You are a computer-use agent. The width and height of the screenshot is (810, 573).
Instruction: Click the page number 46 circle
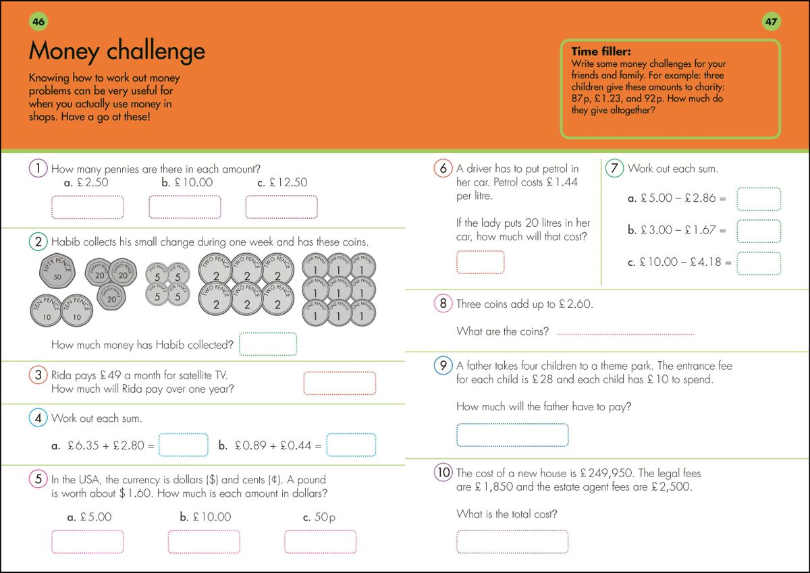(38, 22)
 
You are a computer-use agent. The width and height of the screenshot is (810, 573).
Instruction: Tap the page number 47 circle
(771, 22)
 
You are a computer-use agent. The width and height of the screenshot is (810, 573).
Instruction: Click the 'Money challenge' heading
(117, 51)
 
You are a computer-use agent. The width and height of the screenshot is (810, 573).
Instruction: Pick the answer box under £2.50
(88, 207)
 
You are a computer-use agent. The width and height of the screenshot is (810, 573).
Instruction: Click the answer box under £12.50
(281, 207)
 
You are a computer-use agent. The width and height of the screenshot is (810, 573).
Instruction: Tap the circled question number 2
(38, 242)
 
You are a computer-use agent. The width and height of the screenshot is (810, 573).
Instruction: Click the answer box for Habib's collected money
(268, 344)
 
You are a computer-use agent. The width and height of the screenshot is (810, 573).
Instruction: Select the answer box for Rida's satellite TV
(340, 383)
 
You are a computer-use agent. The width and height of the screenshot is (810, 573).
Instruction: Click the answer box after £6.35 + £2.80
(183, 445)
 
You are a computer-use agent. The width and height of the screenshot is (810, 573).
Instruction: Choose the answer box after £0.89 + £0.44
(351, 445)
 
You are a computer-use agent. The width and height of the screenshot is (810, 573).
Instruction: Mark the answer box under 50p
(320, 542)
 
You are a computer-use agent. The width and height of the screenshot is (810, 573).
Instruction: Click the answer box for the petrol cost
(480, 262)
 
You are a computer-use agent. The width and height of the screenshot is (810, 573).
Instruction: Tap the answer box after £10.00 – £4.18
(759, 263)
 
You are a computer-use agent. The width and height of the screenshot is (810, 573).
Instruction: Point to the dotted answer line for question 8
(626, 333)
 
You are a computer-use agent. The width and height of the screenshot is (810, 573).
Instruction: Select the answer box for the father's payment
(512, 435)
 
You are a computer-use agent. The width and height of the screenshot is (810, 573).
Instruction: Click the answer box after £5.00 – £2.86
(759, 199)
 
